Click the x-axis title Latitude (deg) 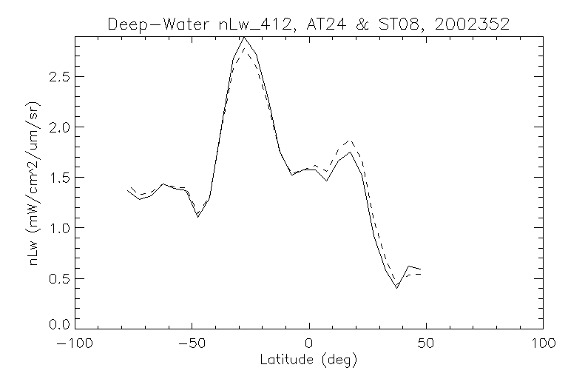point(309,360)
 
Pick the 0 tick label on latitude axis point(309,343)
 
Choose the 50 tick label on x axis point(426,343)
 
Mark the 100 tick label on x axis point(543,343)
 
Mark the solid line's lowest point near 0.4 point(397,287)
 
